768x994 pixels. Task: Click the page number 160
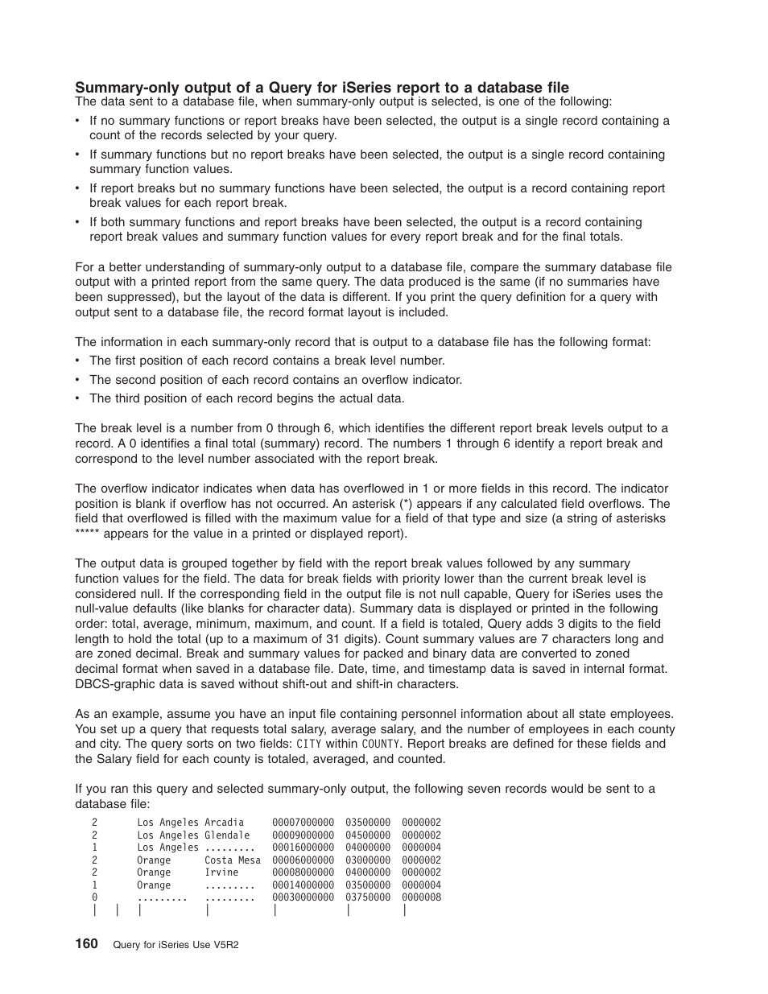(86, 943)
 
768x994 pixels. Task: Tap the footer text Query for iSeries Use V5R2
(175, 945)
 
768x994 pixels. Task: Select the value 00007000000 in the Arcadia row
(303, 823)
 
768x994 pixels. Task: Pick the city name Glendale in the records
(227, 835)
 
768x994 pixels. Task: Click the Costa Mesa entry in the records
(233, 860)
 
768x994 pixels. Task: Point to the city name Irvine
(221, 872)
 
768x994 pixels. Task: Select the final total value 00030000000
(303, 897)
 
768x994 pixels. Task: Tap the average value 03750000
(368, 897)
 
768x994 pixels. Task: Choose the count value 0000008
(422, 897)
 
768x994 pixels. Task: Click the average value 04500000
(368, 835)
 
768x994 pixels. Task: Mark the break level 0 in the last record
(94, 897)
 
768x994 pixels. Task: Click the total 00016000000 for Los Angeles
(303, 848)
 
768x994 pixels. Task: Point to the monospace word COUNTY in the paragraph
(380, 744)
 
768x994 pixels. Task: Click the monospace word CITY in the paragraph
(308, 744)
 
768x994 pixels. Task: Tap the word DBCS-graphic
(114, 684)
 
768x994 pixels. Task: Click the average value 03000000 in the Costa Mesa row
(368, 860)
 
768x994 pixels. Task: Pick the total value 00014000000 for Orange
(303, 885)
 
